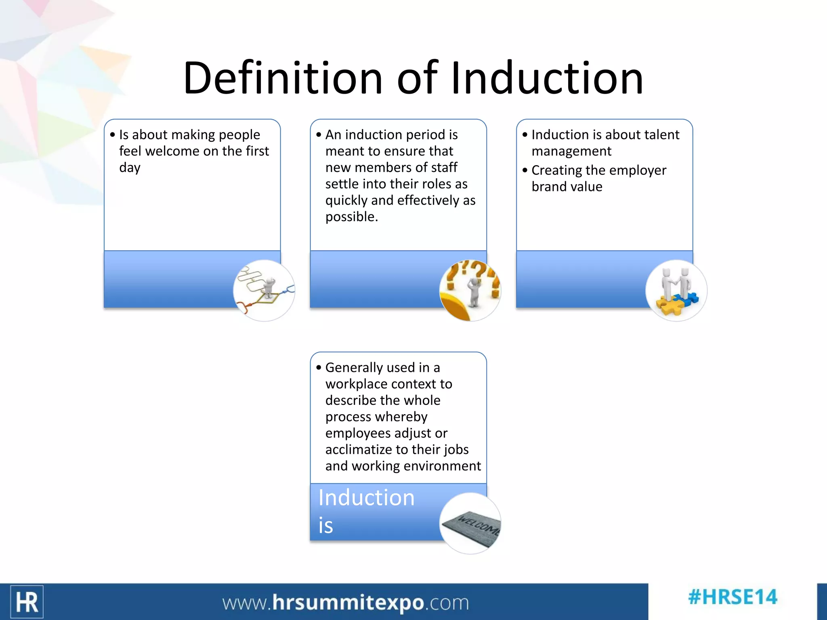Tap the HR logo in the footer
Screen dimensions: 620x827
[x=27, y=602]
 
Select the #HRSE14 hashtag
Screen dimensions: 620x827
[x=733, y=597]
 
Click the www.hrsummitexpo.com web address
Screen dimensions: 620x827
[x=346, y=603]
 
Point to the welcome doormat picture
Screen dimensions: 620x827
[x=470, y=524]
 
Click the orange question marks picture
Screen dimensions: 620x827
[x=470, y=291]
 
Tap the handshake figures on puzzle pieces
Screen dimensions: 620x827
[x=676, y=291]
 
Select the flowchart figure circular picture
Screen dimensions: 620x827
[x=264, y=291]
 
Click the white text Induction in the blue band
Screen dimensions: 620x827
[x=366, y=498]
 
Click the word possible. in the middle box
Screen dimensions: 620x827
[x=351, y=217]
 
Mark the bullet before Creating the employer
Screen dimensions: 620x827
[x=525, y=170]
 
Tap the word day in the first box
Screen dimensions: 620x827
[x=130, y=168]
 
